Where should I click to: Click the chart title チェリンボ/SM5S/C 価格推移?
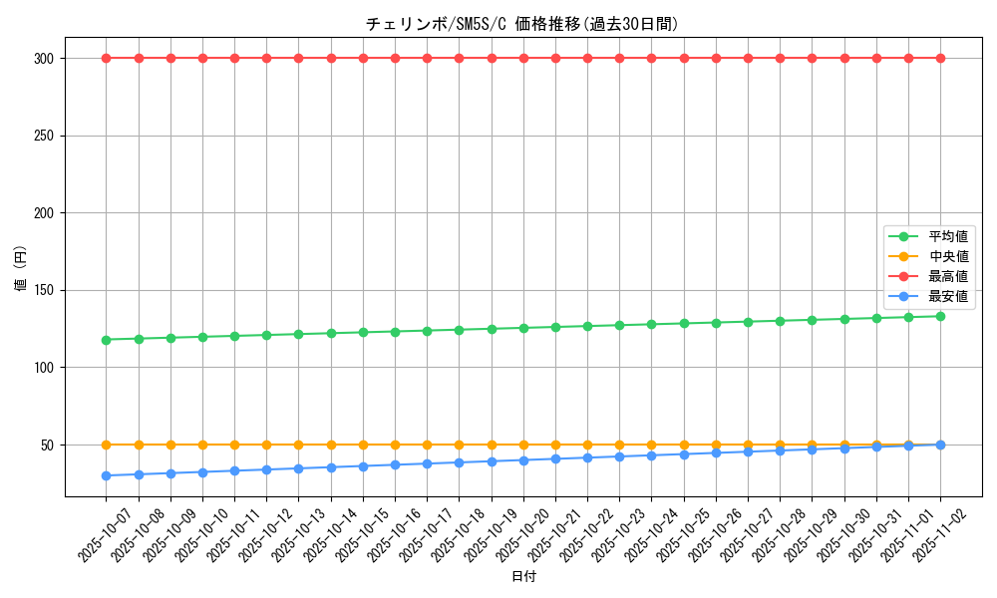point(522,24)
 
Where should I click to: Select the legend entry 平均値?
point(947,236)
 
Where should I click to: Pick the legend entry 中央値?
point(947,256)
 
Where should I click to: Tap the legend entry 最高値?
point(947,276)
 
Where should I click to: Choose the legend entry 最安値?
point(947,296)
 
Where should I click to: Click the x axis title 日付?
point(523,577)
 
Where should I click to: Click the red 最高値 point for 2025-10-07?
point(106,58)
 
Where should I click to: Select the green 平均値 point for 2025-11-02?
point(940,316)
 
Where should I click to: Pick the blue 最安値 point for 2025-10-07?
point(106,475)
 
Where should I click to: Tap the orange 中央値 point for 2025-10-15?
point(363,445)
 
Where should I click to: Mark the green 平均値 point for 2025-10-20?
point(523,328)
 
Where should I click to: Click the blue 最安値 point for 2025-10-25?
point(684,454)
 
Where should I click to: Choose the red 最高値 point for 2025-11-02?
point(940,58)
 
